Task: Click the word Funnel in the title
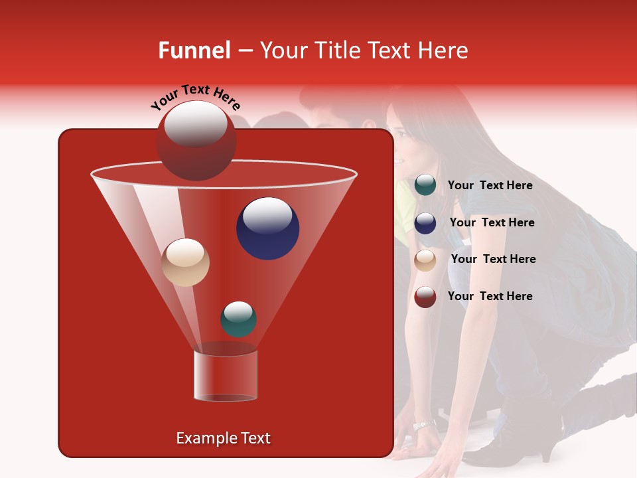point(194,50)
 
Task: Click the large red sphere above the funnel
point(196,140)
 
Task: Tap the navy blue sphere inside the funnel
point(267,228)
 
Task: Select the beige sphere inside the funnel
point(186,262)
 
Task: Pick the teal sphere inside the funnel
point(238,319)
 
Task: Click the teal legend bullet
point(425,185)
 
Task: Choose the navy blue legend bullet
point(425,223)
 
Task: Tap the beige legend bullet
point(425,260)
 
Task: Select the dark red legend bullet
point(425,297)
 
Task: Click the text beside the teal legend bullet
point(490,186)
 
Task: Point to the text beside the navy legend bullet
point(492,223)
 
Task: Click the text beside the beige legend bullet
point(493,260)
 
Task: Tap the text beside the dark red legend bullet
point(490,297)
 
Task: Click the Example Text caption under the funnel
point(223,438)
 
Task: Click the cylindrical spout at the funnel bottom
point(225,376)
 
